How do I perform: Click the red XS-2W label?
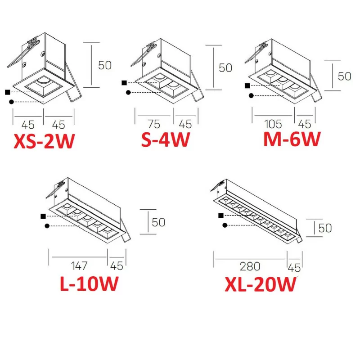pyautogui.click(x=44, y=141)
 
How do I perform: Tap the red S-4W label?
pyautogui.click(x=166, y=139)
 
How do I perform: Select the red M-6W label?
pyautogui.click(x=292, y=139)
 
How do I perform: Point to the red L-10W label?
pyautogui.click(x=89, y=283)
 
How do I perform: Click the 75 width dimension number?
pyautogui.click(x=154, y=124)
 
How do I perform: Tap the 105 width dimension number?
pyautogui.click(x=273, y=124)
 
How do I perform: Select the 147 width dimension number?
pyautogui.click(x=79, y=266)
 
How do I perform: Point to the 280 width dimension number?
pyautogui.click(x=250, y=266)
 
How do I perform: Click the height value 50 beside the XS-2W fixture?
pyautogui.click(x=105, y=65)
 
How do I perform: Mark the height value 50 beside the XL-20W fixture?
pyautogui.click(x=325, y=228)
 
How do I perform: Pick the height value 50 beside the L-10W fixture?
pyautogui.click(x=159, y=222)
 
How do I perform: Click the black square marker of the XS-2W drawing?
pyautogui.click(x=7, y=92)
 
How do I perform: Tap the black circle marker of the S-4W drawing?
pyautogui.click(x=128, y=93)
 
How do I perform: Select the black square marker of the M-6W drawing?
pyautogui.click(x=247, y=85)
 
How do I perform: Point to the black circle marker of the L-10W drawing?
pyautogui.click(x=47, y=226)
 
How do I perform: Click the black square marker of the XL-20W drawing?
pyautogui.click(x=221, y=216)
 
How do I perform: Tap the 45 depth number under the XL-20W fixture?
pyautogui.click(x=294, y=268)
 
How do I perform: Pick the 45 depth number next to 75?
pyautogui.click(x=185, y=124)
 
